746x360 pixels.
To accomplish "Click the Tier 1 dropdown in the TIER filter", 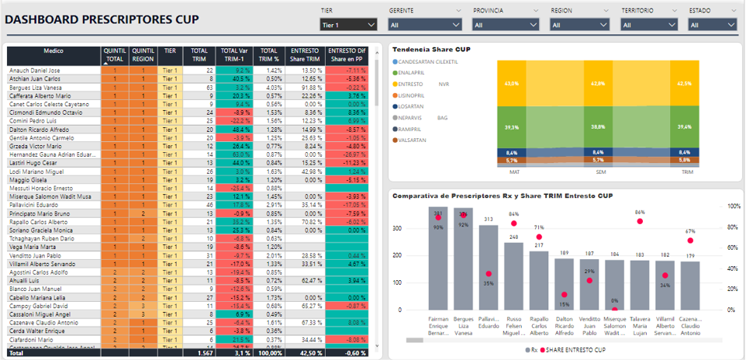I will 348,24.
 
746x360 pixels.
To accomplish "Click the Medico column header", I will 54,50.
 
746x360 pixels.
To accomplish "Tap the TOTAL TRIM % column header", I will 268,54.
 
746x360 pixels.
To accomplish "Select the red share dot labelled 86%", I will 640,221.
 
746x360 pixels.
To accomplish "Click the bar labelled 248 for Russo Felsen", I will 513,275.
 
